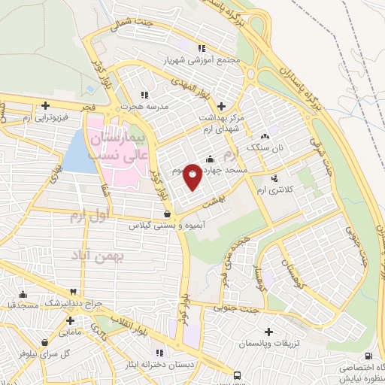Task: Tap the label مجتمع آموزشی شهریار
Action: (202, 59)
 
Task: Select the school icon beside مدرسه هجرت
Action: (144, 95)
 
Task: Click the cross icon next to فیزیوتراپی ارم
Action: (46, 105)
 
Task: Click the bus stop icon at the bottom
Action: (238, 374)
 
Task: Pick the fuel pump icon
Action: (368, 356)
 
